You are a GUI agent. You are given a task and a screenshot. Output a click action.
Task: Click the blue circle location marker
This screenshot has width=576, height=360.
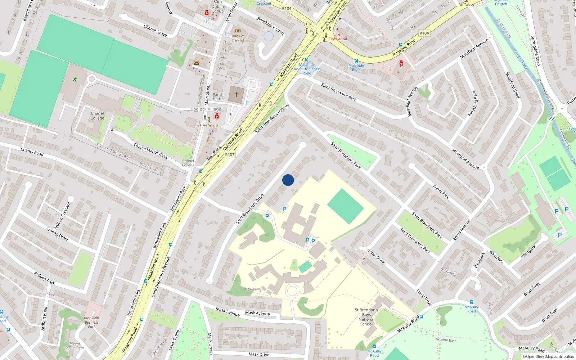[x=288, y=180]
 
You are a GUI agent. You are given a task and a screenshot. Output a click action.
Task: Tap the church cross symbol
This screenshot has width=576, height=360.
[x=236, y=94]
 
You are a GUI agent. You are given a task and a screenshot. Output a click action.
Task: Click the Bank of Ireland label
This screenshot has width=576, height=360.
[x=238, y=38]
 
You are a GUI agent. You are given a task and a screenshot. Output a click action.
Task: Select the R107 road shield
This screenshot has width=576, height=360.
[x=230, y=155]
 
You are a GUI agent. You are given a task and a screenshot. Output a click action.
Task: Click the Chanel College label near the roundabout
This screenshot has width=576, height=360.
[x=97, y=116]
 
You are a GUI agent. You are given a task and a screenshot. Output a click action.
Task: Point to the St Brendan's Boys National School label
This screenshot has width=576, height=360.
[x=366, y=317]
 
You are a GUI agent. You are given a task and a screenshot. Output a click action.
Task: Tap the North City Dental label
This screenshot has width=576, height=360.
[x=338, y=37]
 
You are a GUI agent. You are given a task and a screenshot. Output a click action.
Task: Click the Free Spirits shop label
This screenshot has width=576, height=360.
[x=209, y=125]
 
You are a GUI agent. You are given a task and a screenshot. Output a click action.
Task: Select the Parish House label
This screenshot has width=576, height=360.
[x=218, y=96]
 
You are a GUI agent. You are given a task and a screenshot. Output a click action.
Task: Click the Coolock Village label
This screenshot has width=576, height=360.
[x=206, y=109]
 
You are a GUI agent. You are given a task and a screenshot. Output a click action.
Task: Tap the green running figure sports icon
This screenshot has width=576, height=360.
[x=75, y=79]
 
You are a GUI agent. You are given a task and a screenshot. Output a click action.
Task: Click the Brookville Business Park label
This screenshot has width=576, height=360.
[x=91, y=322]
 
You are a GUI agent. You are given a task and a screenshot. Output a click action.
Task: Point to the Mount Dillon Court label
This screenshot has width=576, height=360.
[x=75, y=346]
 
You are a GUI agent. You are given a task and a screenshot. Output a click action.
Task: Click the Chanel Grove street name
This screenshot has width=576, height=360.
[x=155, y=31]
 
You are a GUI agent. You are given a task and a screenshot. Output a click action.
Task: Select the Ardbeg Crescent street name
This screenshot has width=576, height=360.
[x=62, y=216]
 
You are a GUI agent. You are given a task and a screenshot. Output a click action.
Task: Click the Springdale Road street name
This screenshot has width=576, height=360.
[x=536, y=50]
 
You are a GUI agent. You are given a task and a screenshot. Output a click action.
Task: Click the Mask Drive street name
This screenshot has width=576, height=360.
[x=259, y=354]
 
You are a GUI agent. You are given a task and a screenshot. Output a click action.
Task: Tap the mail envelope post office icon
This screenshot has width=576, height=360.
[x=197, y=63]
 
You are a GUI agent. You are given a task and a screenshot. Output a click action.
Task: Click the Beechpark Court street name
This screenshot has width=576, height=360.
[x=271, y=26]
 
